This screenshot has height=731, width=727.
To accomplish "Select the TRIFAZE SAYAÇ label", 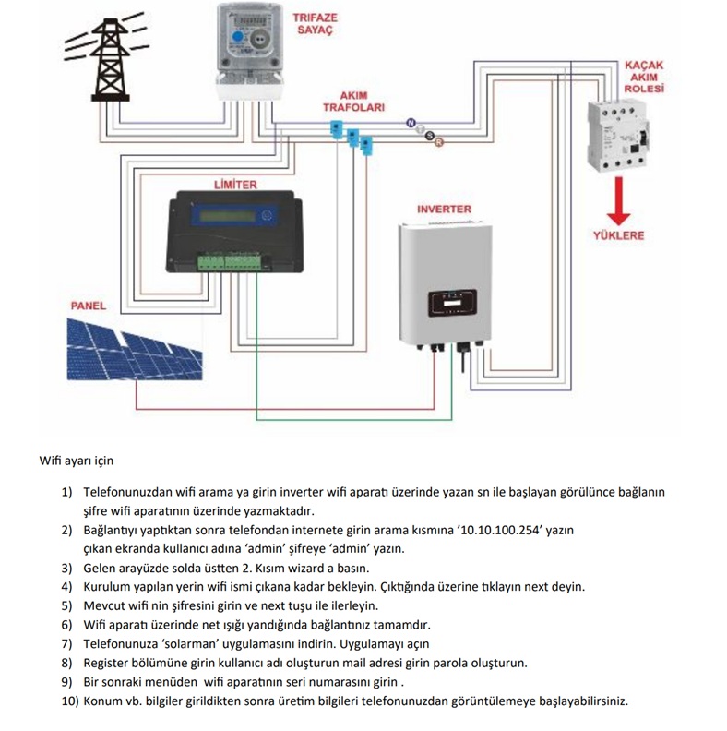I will (x=313, y=23).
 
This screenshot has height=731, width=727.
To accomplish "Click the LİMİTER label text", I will (x=234, y=185).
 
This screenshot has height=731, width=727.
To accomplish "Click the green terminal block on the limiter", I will (x=230, y=261).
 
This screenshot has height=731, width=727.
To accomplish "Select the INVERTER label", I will (x=445, y=210).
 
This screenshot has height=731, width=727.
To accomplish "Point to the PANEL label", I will (x=89, y=306).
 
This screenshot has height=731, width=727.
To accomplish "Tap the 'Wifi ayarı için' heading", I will (x=76, y=460).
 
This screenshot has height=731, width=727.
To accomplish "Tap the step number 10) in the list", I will (x=70, y=701).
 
